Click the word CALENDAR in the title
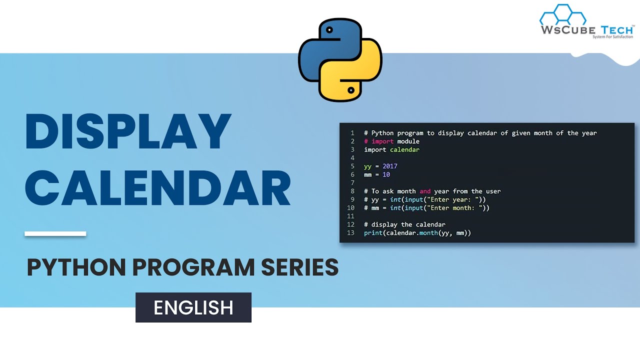[x=157, y=189]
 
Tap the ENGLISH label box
[x=193, y=307]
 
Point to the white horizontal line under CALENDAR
[x=55, y=233]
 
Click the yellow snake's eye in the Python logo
[x=351, y=90]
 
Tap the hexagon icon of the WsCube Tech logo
[x=563, y=15]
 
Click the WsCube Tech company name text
[x=586, y=29]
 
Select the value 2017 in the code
[x=390, y=166]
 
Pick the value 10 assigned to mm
[x=386, y=174]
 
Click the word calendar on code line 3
[x=404, y=149]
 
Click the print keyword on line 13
[x=373, y=233]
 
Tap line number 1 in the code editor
[x=352, y=133]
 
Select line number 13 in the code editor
[x=350, y=233]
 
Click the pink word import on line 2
[x=382, y=141]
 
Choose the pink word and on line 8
[x=425, y=191]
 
